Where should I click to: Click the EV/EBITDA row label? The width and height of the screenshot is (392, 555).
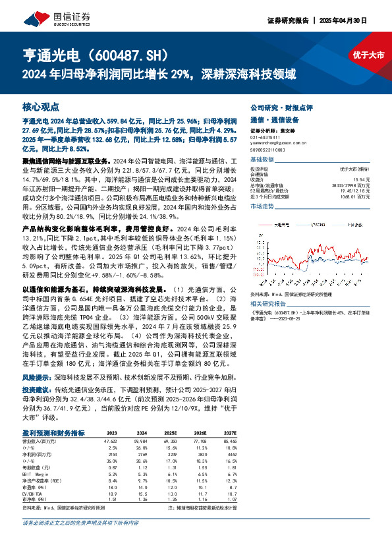[x=32, y=493]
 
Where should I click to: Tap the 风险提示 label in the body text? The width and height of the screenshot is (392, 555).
[x=36, y=379]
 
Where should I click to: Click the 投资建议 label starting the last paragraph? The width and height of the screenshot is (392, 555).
[x=36, y=390]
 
